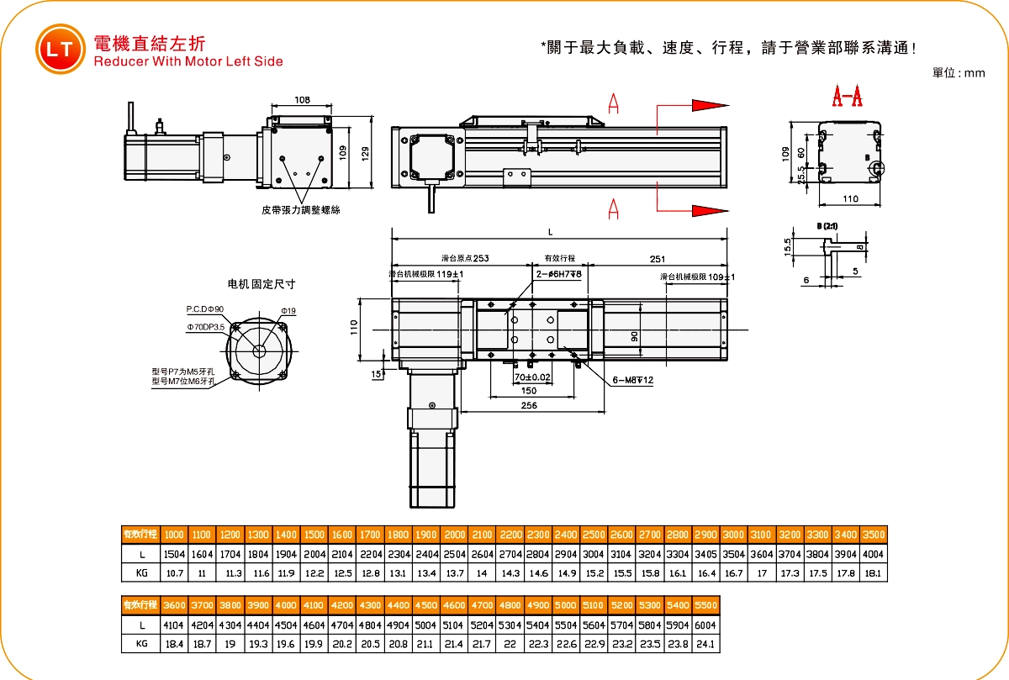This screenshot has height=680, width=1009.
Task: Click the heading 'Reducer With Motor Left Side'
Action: [x=188, y=61]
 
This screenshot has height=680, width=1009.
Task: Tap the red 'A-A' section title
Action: [x=847, y=98]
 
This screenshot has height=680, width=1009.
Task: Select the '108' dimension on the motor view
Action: [x=302, y=100]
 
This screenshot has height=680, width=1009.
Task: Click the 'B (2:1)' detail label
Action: [x=827, y=226]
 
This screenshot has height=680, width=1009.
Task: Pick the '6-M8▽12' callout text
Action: [x=633, y=381]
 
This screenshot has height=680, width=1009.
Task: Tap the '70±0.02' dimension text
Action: [x=533, y=378]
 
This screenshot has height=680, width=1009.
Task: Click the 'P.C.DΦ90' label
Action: [x=205, y=309]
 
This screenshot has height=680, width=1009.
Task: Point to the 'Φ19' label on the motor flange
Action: [x=288, y=311]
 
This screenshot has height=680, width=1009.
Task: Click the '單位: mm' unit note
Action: [x=959, y=73]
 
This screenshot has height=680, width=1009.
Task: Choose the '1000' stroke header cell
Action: [x=174, y=535]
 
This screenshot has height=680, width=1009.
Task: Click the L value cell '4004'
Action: [x=874, y=555]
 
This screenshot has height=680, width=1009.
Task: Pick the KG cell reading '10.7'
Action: [x=174, y=574]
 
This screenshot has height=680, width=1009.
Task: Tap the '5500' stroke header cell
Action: [x=707, y=605]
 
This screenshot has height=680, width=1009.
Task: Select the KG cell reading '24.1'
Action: [x=707, y=645]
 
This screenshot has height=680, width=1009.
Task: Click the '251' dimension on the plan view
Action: [x=658, y=259]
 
